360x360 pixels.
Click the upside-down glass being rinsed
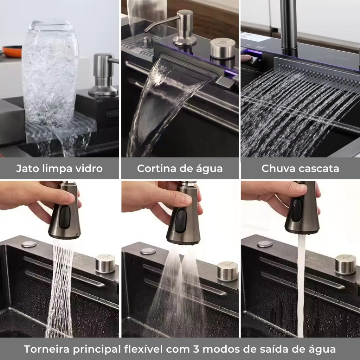tap(50, 73)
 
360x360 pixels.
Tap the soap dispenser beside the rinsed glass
tap(104, 75)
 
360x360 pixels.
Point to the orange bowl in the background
tap(12, 51)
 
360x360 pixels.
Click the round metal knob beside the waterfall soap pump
tap(223, 49)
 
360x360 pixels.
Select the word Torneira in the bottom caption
tap(47, 349)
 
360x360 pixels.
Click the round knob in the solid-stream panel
tap(346, 264)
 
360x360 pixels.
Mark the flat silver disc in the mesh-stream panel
tap(29, 244)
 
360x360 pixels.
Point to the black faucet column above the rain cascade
tap(289, 27)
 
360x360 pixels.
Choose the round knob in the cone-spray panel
tap(227, 271)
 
